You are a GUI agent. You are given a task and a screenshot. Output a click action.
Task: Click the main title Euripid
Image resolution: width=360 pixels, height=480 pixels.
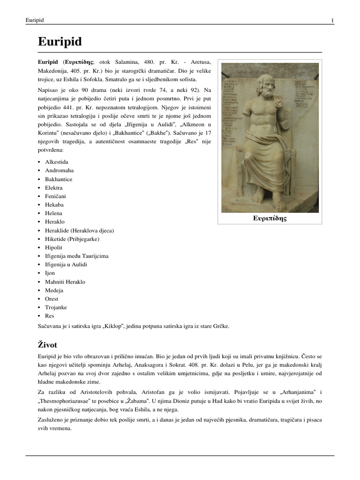click(x=60, y=42)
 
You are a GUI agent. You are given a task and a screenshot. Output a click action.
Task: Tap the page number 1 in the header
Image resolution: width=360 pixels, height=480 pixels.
click(x=332, y=20)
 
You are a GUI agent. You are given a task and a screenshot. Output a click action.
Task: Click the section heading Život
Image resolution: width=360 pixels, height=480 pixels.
click(x=49, y=345)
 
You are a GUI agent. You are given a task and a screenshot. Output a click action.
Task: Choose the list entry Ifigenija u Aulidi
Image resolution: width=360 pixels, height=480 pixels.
click(x=66, y=264)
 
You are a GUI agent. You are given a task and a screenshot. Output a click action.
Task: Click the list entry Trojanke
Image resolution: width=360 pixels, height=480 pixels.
click(x=56, y=307)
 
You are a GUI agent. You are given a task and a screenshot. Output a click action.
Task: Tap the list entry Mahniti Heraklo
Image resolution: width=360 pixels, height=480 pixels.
click(x=65, y=282)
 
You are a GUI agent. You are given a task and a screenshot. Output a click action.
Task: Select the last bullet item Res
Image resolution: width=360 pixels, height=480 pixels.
click(x=50, y=316)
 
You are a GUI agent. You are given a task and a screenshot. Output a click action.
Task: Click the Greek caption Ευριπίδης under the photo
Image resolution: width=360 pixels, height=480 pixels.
click(x=270, y=218)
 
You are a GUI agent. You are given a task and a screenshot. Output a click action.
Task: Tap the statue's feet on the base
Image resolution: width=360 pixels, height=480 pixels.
click(x=268, y=204)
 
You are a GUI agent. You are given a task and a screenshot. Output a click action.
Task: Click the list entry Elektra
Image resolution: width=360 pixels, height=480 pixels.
click(x=53, y=187)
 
